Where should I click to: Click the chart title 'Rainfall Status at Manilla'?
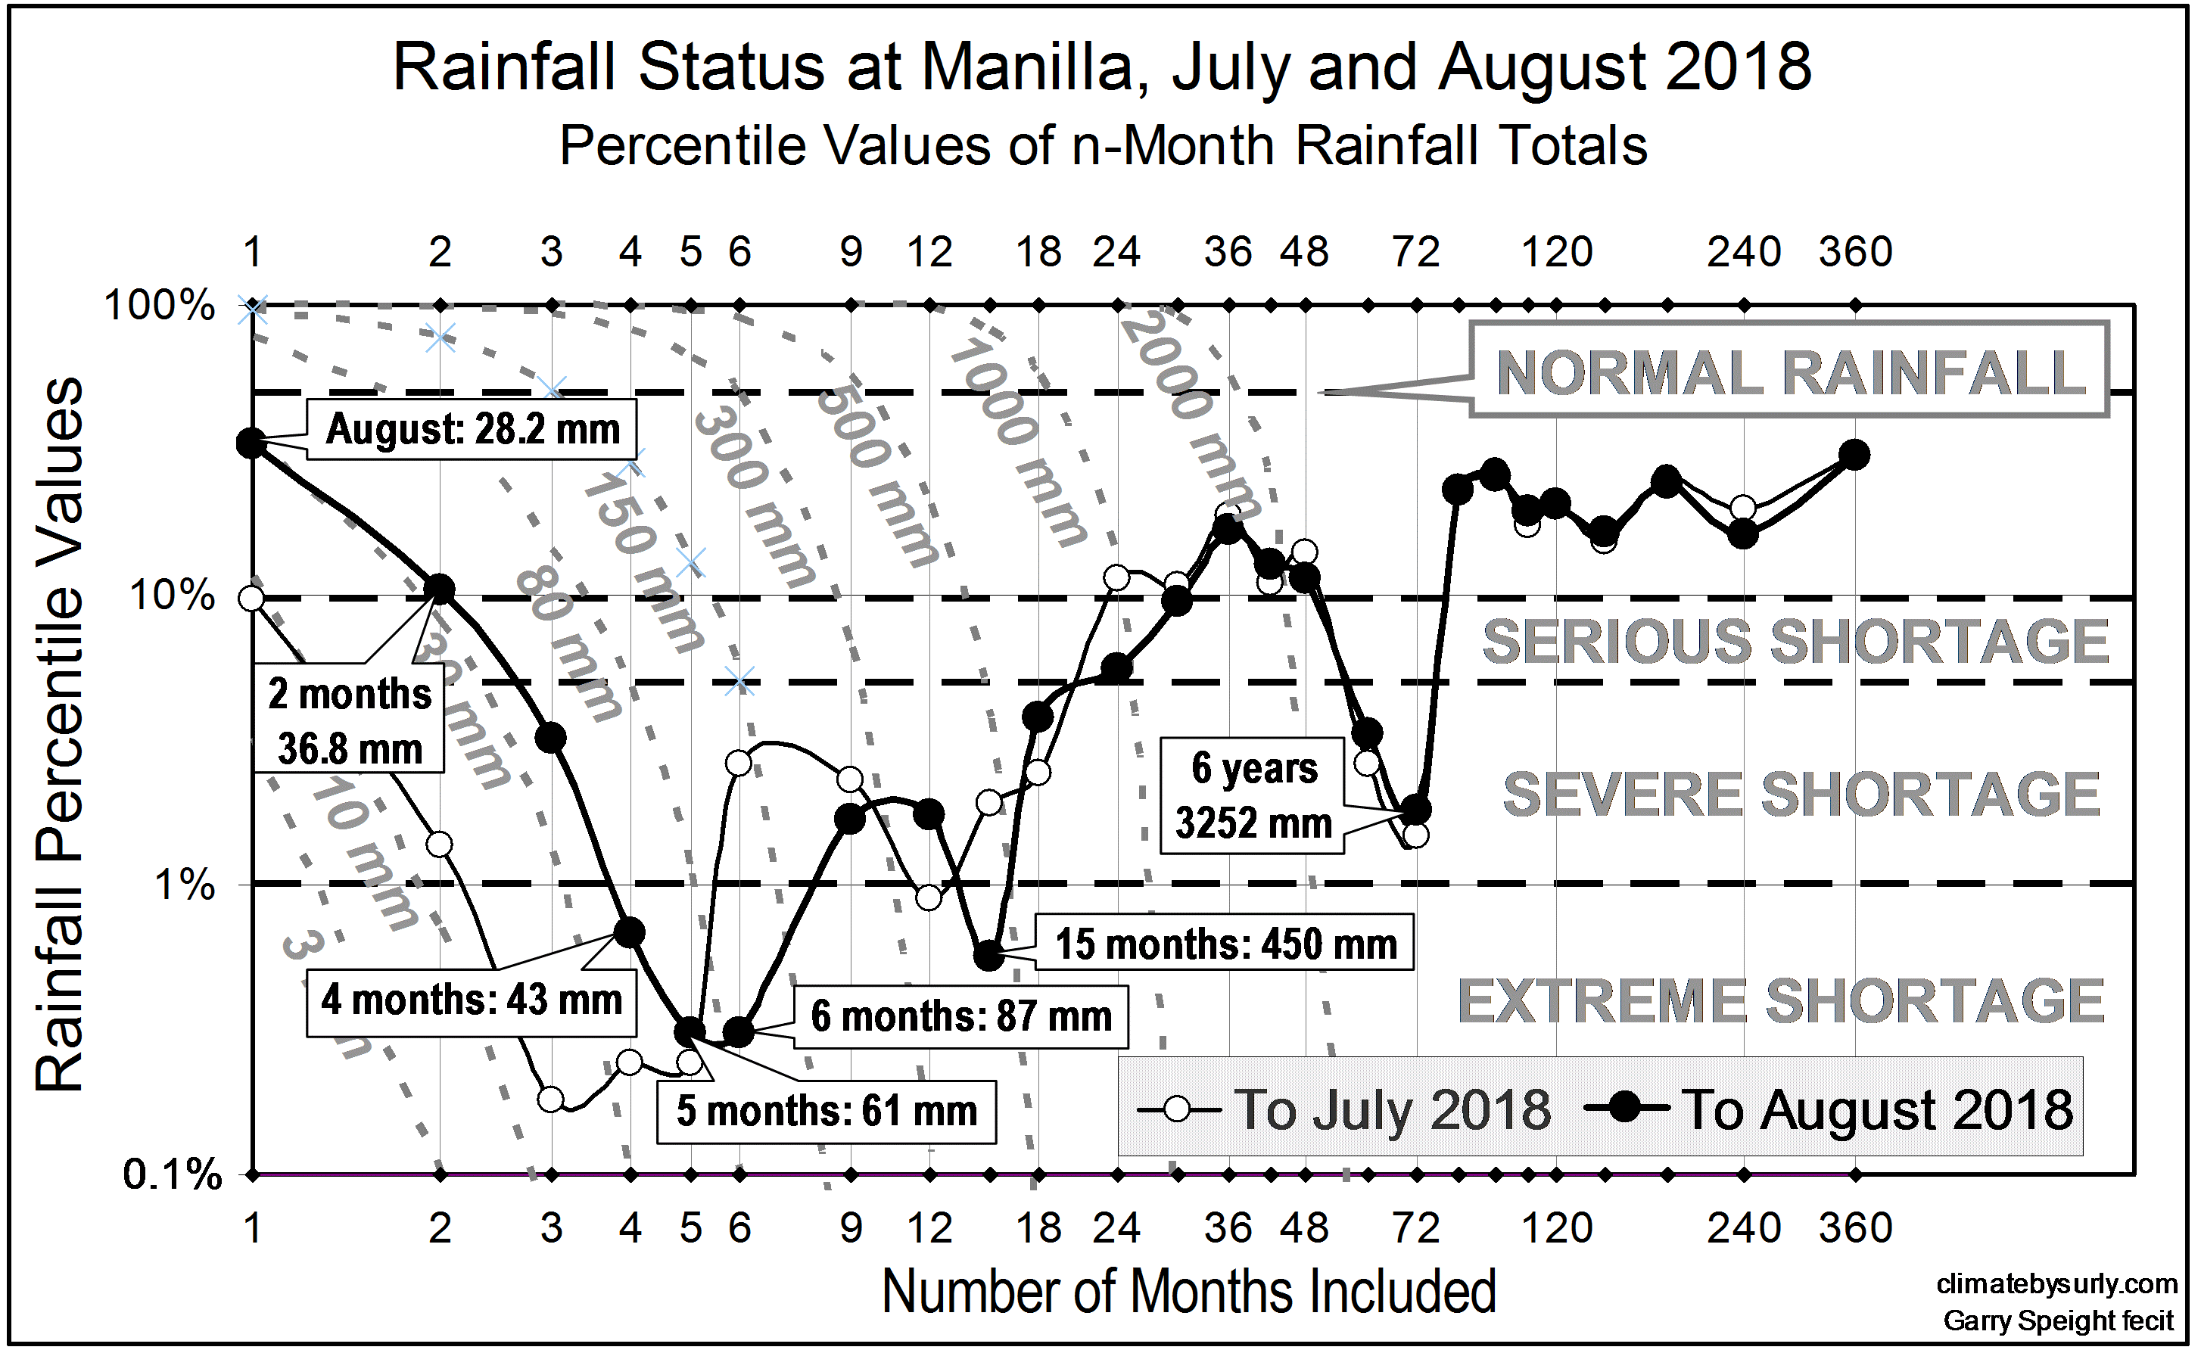[x=1101, y=68]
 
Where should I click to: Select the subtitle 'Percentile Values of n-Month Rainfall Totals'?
[x=1102, y=145]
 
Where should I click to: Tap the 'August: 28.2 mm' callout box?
[x=472, y=430]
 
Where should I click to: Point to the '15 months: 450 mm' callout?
[x=1225, y=944]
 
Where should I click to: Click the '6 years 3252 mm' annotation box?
[x=1253, y=795]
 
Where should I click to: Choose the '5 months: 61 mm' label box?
[x=827, y=1112]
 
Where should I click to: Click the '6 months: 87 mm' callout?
[x=960, y=1017]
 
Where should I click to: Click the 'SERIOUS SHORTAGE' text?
[x=1794, y=641]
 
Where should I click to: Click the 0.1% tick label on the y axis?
[x=172, y=1175]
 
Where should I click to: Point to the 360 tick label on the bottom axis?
[x=1855, y=1229]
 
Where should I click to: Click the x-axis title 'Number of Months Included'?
[x=1188, y=1291]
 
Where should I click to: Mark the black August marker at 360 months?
[x=1855, y=456]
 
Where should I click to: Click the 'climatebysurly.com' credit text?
[x=2056, y=1284]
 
